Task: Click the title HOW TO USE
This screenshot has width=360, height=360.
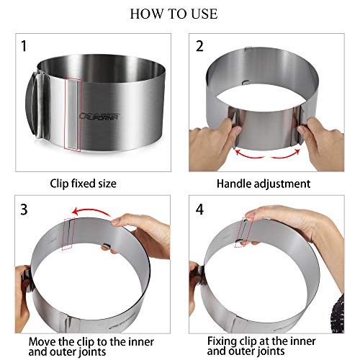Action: coord(179,14)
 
